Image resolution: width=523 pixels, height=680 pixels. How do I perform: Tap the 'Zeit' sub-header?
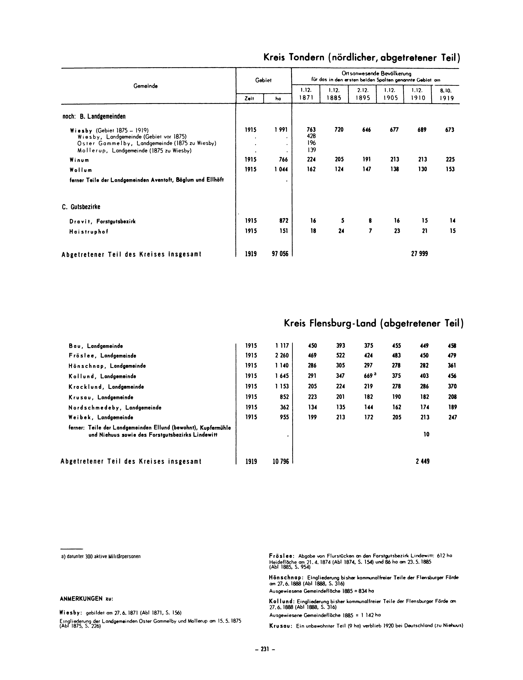[249, 98]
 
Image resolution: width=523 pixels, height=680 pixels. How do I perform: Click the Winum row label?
[79, 160]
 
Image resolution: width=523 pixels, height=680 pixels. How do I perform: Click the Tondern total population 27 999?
[419, 254]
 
